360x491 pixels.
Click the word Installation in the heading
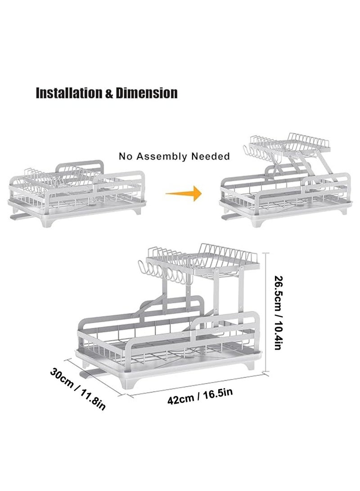pos(69,94)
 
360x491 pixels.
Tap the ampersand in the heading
pos(109,94)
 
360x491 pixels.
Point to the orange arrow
pos(184,193)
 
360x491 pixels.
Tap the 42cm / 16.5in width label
pos(200,397)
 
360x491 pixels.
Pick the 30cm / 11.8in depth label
pos(78,388)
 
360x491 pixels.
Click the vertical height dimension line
pos(266,312)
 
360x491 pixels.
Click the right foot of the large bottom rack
pos(249,365)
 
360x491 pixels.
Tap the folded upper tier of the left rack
pos(59,179)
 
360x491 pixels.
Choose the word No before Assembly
pos(126,156)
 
